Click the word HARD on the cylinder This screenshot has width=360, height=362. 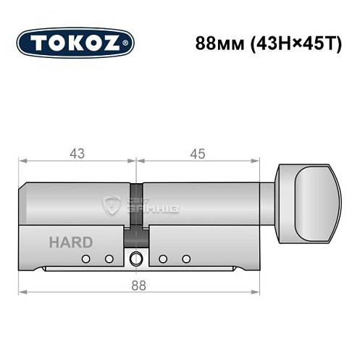pyautogui.click(x=70, y=243)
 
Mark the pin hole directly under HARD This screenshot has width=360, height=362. pyautogui.click(x=85, y=258)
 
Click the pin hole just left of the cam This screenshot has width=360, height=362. pyautogui.click(x=109, y=258)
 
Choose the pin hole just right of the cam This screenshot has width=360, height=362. pyautogui.click(x=163, y=258)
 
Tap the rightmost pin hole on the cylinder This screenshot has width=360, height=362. pyautogui.click(x=187, y=258)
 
